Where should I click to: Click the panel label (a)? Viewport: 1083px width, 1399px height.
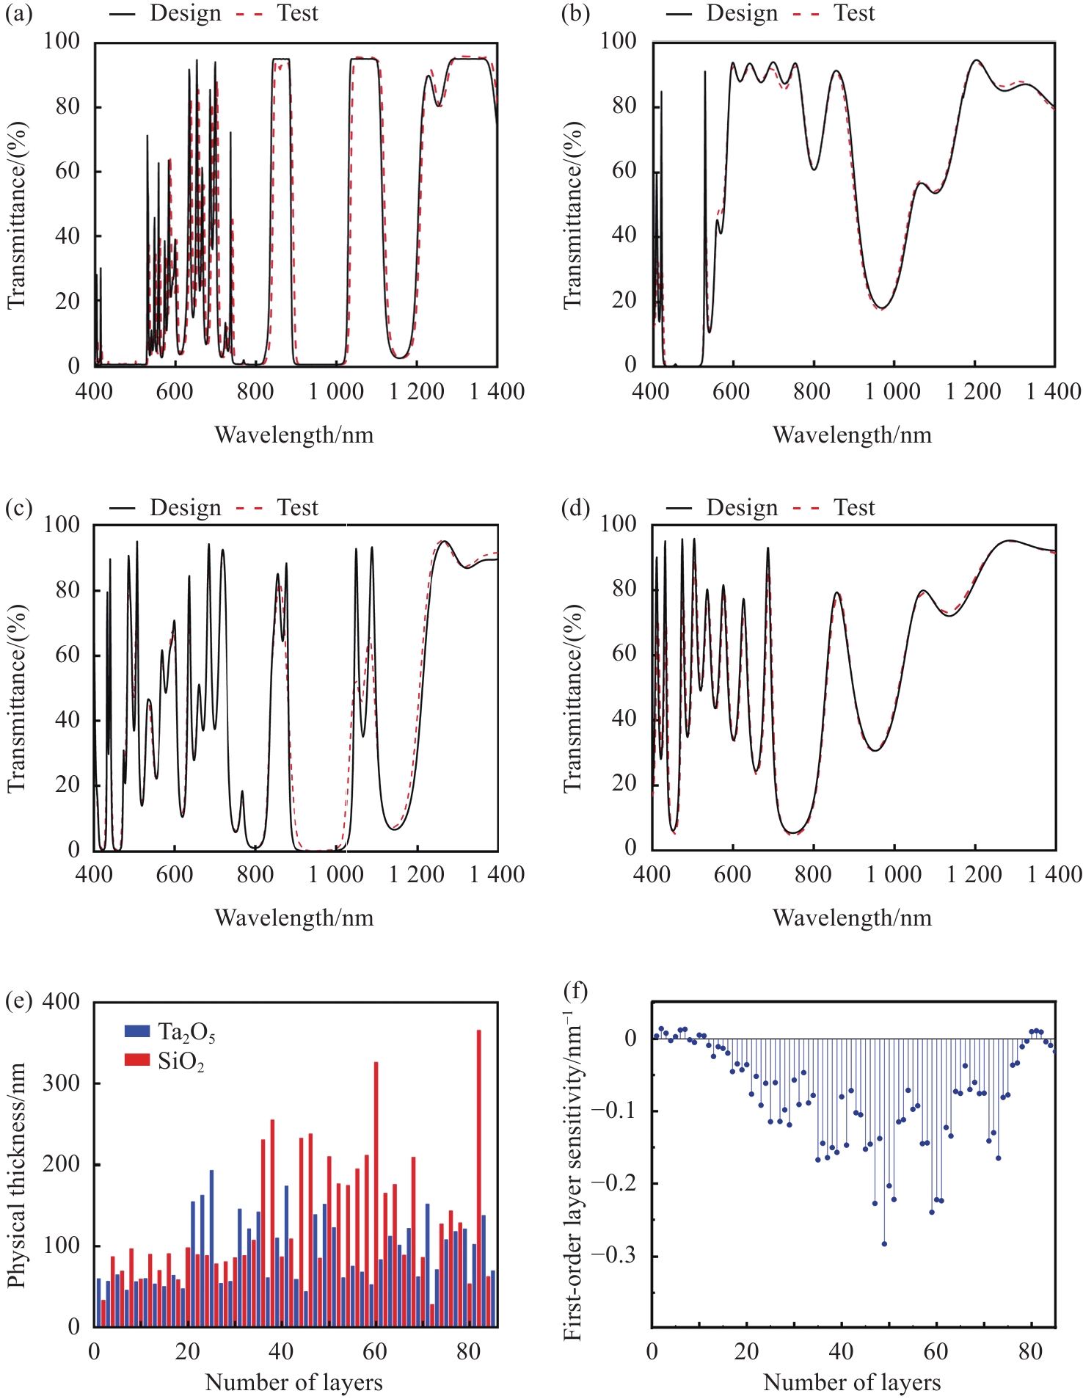pos(18,14)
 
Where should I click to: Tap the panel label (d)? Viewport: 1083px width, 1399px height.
pos(575,508)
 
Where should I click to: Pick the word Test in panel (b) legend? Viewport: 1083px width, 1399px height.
pos(854,14)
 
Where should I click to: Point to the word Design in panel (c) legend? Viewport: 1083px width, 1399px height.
pos(185,508)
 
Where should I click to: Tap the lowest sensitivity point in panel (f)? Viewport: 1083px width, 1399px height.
pos(884,1244)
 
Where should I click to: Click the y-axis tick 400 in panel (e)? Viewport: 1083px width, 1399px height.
pos(61,1002)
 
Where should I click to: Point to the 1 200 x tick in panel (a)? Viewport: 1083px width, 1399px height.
pos(416,391)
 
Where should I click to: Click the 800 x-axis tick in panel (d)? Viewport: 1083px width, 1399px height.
pos(813,874)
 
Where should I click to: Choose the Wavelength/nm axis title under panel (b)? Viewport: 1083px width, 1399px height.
pos(852,435)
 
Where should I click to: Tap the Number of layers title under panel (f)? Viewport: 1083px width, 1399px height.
pos(852,1383)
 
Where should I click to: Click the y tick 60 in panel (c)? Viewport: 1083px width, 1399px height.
pos(68,655)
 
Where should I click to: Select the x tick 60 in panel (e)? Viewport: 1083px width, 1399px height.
pos(375,1351)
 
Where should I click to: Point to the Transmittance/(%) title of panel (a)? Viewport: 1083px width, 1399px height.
pos(16,215)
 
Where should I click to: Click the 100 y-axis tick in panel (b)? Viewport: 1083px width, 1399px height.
pos(618,41)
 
